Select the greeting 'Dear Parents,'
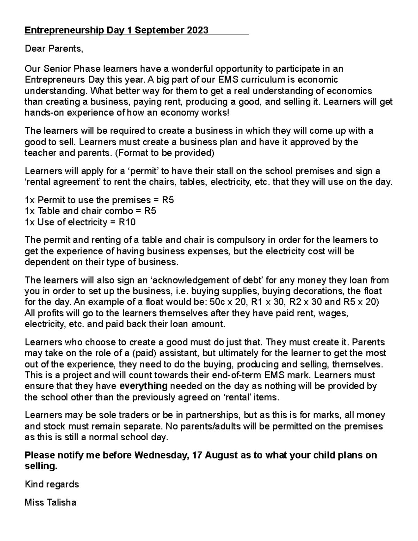coord(54,49)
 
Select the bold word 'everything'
coord(144,386)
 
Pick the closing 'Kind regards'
coord(52,484)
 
